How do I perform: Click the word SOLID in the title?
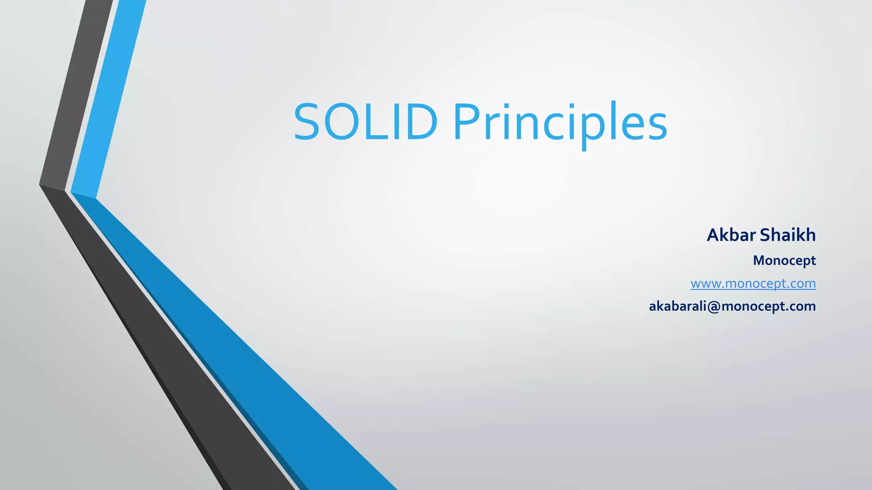(365, 122)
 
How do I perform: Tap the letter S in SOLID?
(307, 122)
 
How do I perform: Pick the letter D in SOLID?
(419, 122)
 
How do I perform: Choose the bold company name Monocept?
(784, 260)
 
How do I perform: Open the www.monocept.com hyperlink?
(753, 283)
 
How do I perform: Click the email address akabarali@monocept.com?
(732, 306)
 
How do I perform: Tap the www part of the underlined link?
(705, 284)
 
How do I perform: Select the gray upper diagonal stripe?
(77, 94)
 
